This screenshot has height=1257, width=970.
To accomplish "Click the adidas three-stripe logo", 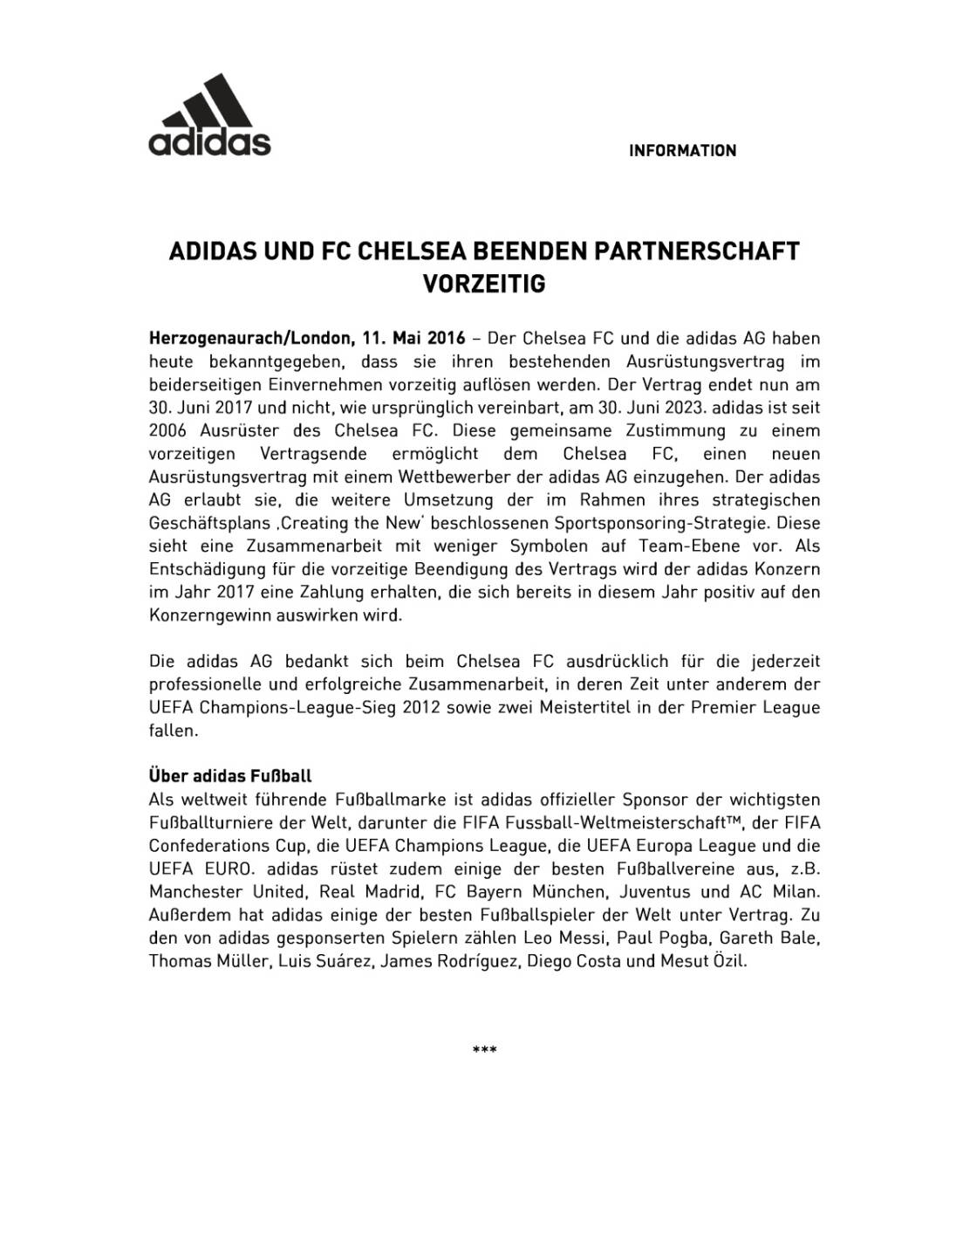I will [209, 114].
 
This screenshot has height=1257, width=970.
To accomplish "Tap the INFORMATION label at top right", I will [682, 151].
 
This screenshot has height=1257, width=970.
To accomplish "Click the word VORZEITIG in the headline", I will [484, 284].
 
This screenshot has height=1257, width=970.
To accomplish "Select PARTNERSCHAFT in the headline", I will [696, 251].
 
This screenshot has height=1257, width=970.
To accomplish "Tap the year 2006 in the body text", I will [169, 430].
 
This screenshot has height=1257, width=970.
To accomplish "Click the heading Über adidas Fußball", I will [230, 776].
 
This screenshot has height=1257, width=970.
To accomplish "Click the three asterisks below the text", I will [484, 1049].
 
